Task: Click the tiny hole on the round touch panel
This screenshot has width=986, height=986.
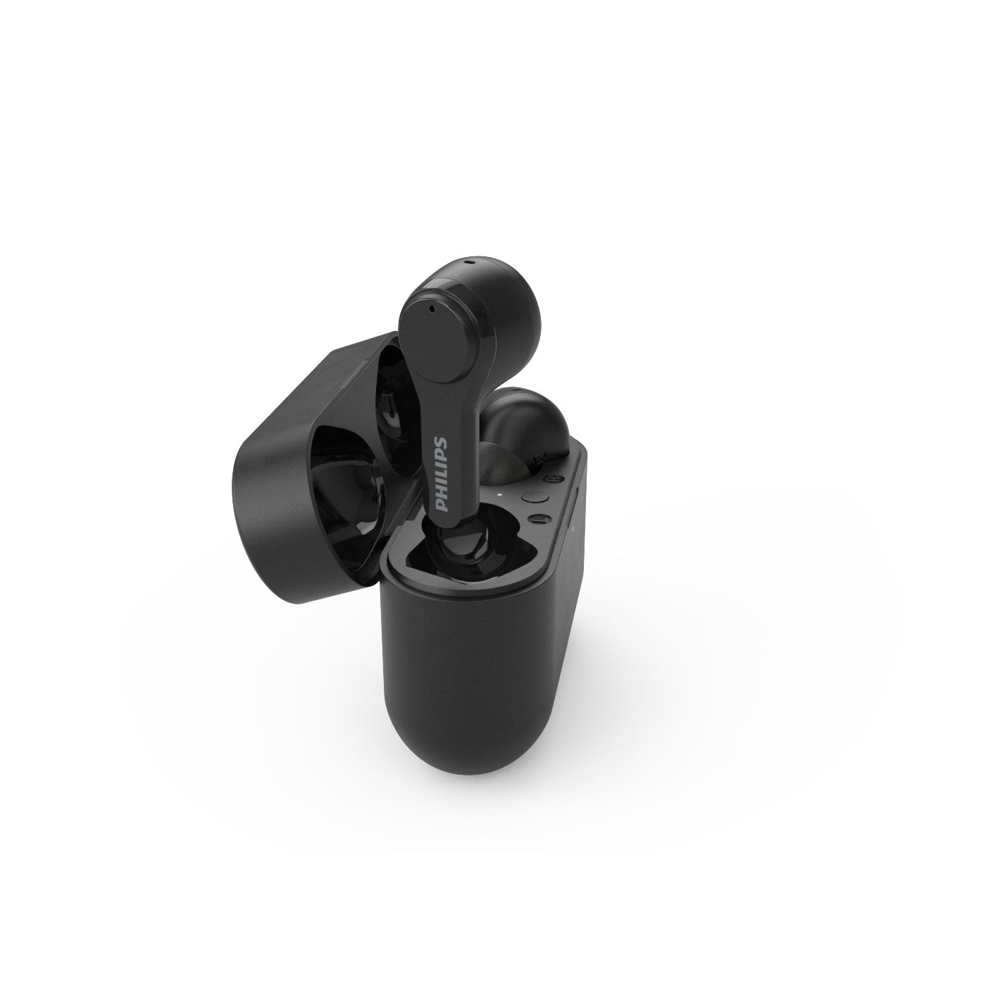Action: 431,308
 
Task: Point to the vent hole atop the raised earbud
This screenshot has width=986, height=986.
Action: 470,263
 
